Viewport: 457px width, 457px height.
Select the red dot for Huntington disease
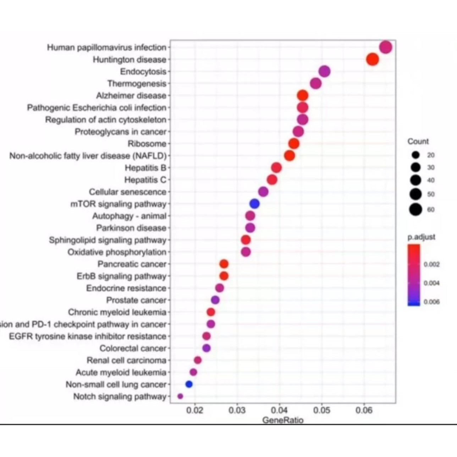click(373, 59)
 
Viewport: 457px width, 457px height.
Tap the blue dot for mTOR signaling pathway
click(254, 204)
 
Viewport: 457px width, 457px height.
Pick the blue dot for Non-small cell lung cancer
click(189, 384)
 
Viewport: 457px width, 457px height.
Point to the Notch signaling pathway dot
click(180, 396)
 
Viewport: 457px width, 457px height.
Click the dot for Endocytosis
click(324, 71)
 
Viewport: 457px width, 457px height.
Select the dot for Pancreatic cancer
click(224, 264)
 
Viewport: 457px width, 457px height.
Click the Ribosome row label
click(147, 144)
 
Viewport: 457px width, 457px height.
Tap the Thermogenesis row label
click(137, 83)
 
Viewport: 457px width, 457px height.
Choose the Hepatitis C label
click(145, 180)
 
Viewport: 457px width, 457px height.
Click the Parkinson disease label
click(131, 228)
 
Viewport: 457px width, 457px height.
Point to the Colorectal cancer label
click(133, 348)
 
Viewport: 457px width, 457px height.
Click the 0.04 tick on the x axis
click(280, 411)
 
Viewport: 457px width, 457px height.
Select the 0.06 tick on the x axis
click(364, 411)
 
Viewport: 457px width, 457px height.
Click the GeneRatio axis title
click(283, 420)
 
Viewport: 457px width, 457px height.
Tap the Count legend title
click(418, 141)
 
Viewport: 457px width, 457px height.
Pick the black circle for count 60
click(415, 209)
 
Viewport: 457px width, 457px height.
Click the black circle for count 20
click(415, 155)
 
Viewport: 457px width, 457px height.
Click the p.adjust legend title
click(421, 237)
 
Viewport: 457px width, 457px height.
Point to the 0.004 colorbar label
click(432, 283)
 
